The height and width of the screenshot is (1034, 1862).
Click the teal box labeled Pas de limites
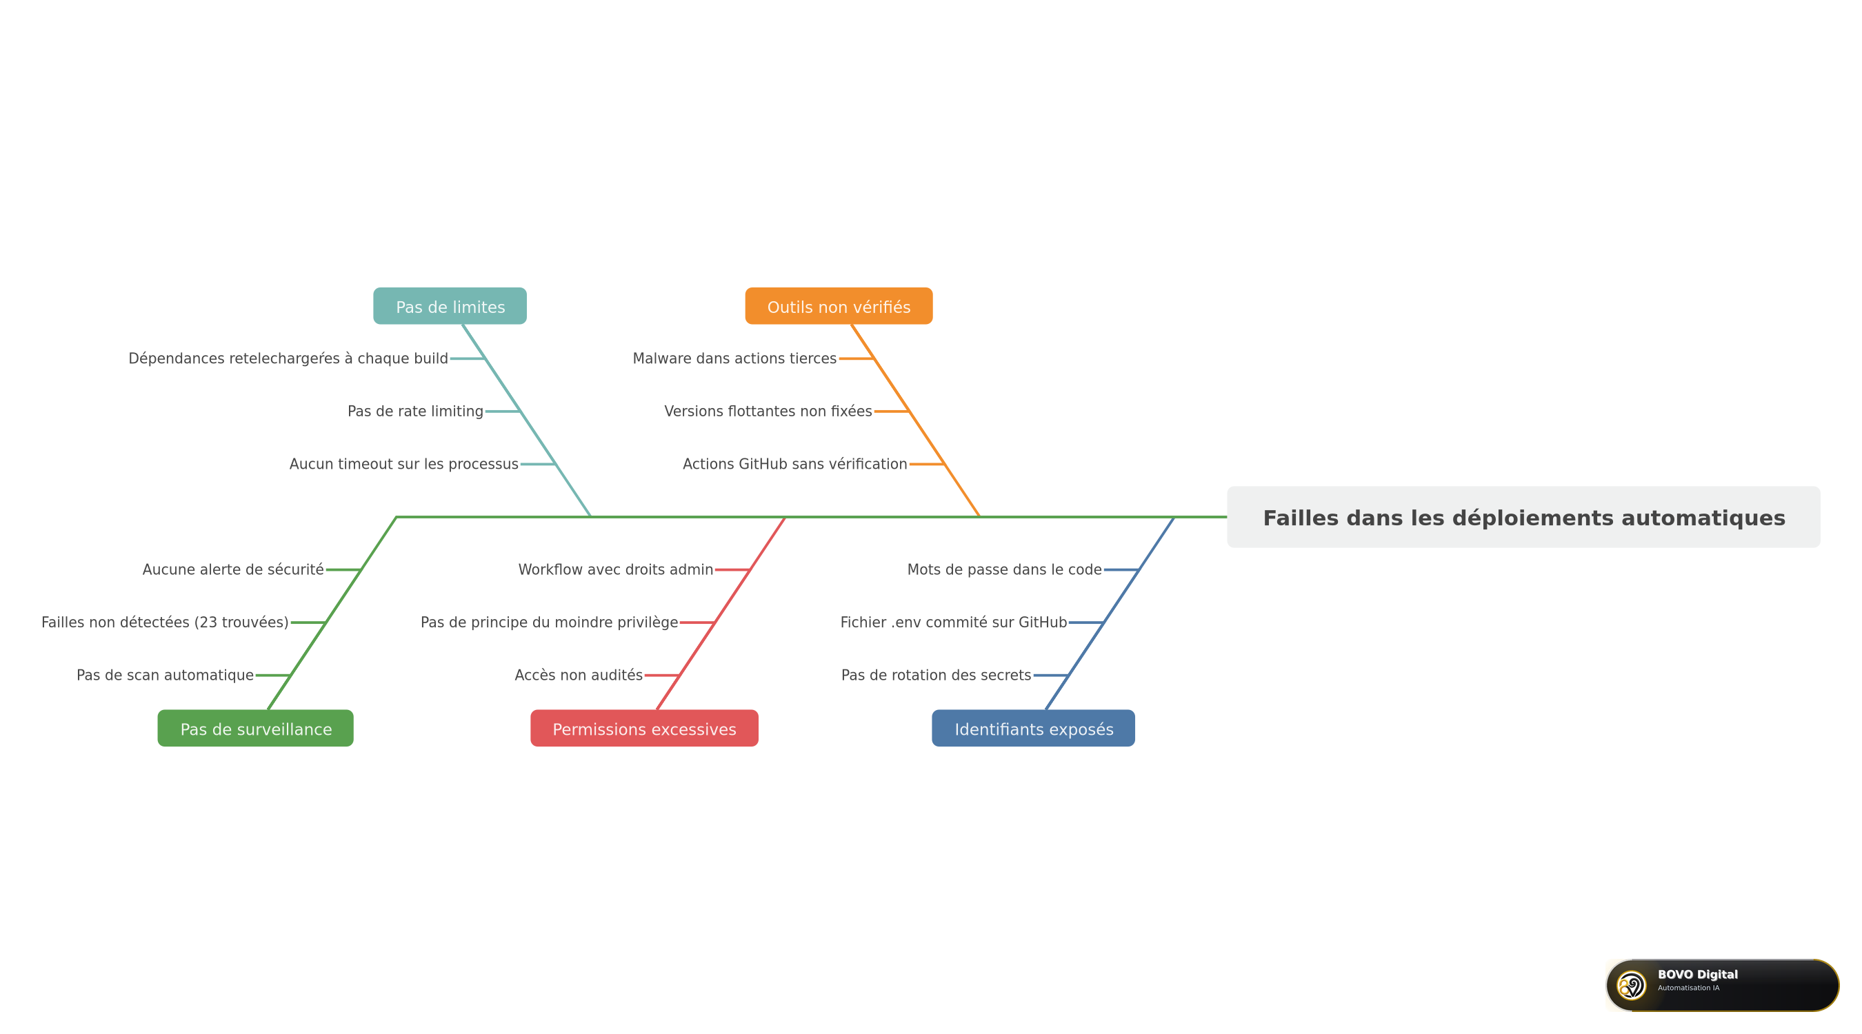450,305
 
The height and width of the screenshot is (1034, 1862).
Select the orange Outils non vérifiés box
839,305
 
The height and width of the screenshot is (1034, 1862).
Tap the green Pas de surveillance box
255,729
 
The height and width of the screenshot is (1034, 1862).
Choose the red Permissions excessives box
644,729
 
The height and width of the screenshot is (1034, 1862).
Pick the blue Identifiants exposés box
1033,729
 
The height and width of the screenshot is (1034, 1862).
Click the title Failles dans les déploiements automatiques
1523,518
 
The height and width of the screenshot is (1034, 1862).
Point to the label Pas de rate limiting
416,411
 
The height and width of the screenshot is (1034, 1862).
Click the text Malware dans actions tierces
734,358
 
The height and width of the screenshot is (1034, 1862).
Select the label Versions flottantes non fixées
768,411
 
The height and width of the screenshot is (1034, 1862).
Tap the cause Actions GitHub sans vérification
795,464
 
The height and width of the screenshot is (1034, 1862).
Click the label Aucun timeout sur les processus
404,464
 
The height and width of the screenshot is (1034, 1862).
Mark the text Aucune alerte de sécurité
233,569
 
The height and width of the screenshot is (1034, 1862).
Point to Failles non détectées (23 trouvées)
165,622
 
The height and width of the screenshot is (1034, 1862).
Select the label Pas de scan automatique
165,675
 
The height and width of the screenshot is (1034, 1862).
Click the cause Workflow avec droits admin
616,569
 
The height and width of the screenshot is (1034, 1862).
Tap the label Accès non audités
579,675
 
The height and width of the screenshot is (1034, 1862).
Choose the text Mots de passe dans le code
1005,569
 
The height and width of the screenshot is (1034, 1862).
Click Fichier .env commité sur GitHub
953,622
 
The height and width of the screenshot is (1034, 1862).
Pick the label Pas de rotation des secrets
936,675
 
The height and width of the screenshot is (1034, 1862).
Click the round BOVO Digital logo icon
1632,985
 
